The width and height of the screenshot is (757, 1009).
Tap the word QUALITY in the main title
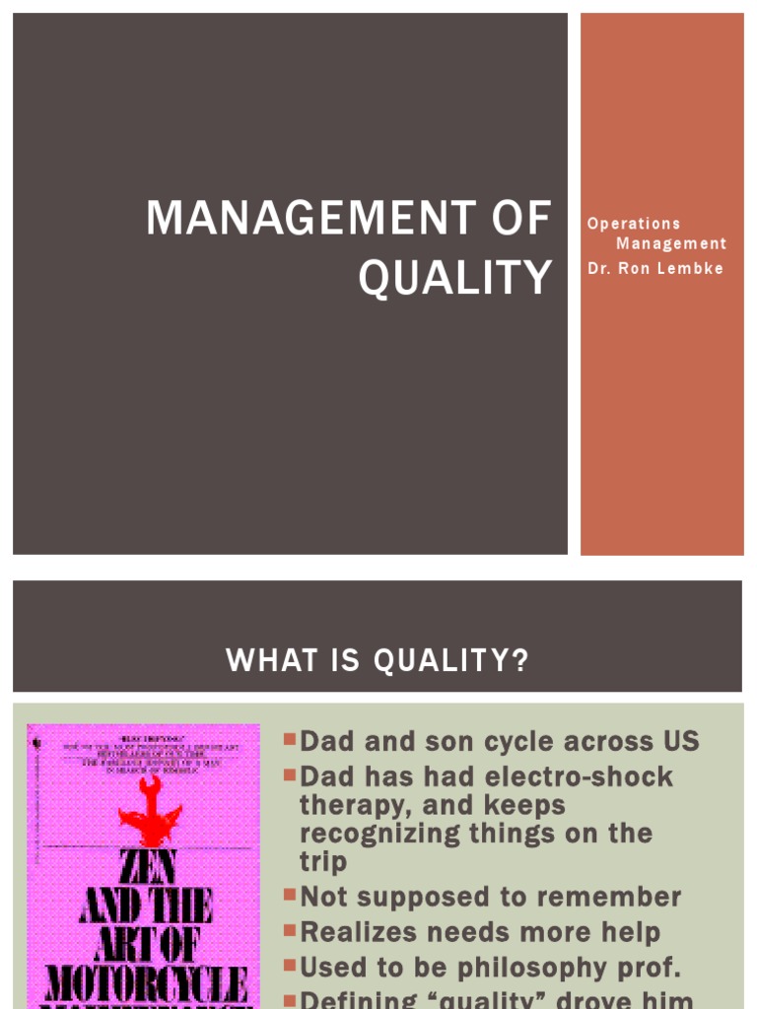(x=454, y=278)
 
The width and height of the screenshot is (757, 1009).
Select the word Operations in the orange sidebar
(x=634, y=224)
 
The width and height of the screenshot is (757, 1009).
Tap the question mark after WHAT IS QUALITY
(x=519, y=661)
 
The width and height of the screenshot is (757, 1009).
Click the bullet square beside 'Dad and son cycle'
(x=289, y=739)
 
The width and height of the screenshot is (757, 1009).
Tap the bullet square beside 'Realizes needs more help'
(x=289, y=929)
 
